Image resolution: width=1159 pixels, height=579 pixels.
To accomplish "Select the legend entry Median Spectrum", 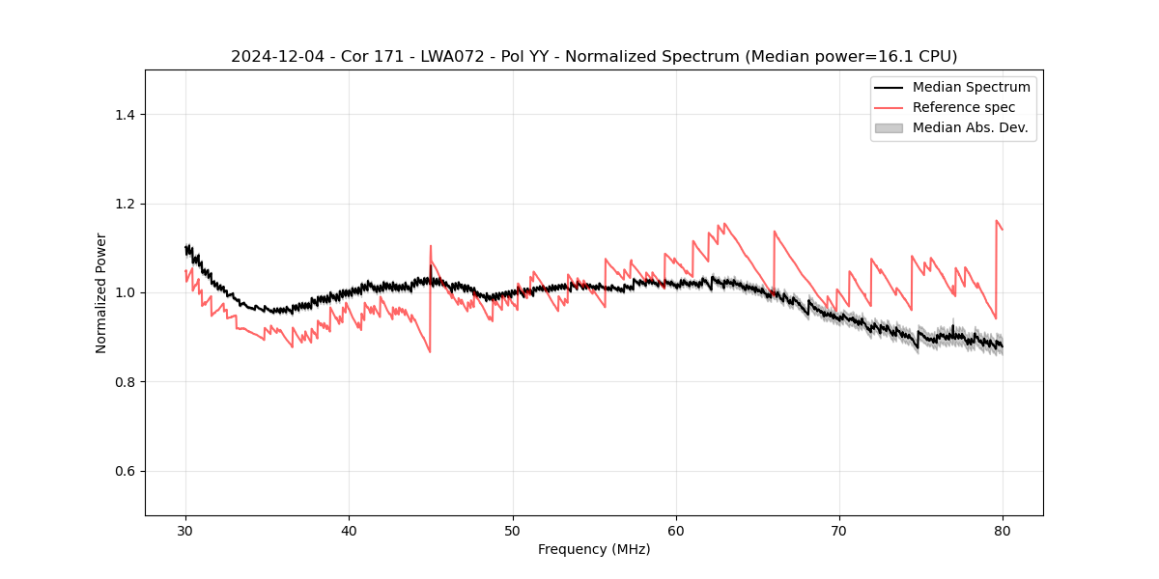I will click(x=971, y=87).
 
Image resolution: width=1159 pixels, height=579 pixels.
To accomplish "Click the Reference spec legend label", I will click(x=963, y=107).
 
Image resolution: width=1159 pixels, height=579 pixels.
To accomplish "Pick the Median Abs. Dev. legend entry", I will click(x=970, y=127).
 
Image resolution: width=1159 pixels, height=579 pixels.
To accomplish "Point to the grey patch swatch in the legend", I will click(x=889, y=127).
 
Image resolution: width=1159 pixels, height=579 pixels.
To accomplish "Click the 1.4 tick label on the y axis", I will click(x=124, y=115).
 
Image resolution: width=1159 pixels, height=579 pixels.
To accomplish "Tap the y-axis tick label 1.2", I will click(x=124, y=204).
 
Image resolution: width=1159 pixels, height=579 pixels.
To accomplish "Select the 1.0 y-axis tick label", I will click(x=124, y=292).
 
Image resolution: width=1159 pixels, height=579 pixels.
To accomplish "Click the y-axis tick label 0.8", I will click(x=124, y=382).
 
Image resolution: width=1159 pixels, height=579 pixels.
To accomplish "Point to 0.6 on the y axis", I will click(x=124, y=471).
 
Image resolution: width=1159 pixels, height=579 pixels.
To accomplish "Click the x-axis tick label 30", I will click(x=185, y=531).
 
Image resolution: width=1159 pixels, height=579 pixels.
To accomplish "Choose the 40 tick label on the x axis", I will click(x=349, y=531).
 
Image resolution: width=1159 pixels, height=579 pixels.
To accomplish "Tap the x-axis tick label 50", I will click(x=512, y=531).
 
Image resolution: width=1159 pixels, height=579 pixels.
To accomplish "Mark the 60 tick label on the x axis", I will click(x=676, y=531).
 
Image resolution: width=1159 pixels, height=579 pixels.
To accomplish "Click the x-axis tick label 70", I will click(x=839, y=531).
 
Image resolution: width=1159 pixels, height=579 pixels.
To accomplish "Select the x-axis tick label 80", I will click(x=1003, y=531).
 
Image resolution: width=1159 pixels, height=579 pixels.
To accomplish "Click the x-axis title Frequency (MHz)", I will click(x=594, y=550).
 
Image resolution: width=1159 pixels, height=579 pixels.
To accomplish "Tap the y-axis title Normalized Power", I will click(x=101, y=292).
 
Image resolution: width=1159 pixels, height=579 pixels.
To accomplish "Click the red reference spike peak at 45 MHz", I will click(x=431, y=246).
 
